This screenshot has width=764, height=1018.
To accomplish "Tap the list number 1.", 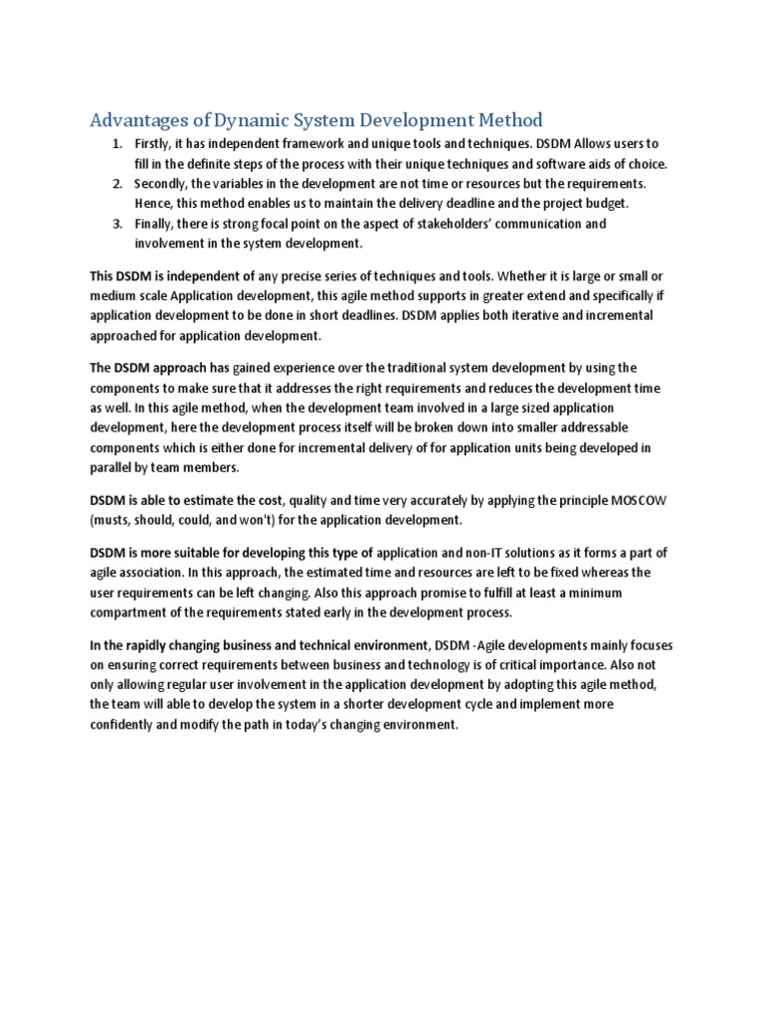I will coord(115,145).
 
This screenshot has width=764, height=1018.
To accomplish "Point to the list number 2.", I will coord(115,184).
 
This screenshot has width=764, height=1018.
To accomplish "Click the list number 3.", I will coord(115,224).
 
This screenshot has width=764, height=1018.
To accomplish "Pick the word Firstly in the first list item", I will coord(153,145).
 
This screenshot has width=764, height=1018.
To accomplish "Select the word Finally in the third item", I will coord(154,224).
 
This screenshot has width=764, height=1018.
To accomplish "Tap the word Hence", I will coord(153,204).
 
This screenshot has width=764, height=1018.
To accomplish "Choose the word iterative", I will coord(520,315).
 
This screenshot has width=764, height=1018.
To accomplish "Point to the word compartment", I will coord(127,611).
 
